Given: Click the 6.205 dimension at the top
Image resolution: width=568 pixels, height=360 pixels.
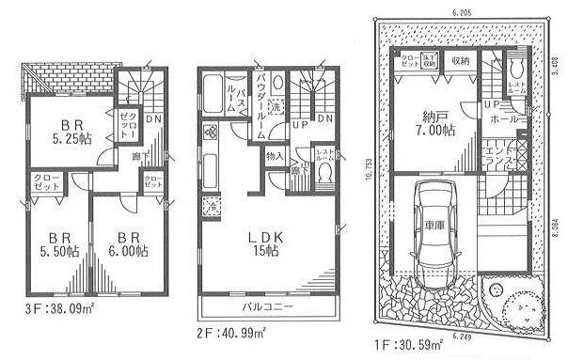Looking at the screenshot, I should (x=460, y=11).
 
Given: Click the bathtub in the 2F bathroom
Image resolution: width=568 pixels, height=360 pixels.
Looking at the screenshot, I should (x=213, y=93).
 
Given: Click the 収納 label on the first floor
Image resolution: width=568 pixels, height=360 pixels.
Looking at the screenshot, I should (x=460, y=60).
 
